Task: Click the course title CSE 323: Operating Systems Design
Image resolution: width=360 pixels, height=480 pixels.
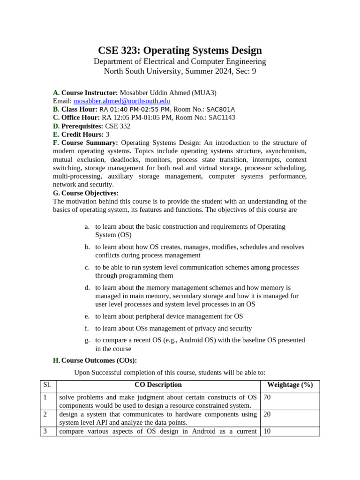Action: (x=180, y=51)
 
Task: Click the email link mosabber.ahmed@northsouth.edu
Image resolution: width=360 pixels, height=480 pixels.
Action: (x=121, y=101)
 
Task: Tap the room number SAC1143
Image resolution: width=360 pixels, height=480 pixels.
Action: (x=222, y=118)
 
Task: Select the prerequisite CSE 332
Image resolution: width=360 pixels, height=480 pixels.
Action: (x=118, y=126)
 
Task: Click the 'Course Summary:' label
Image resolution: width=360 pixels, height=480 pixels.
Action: (x=90, y=142)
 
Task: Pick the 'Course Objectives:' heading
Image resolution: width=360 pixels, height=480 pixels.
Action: (x=90, y=193)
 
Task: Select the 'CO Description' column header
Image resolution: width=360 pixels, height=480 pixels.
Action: (x=158, y=385)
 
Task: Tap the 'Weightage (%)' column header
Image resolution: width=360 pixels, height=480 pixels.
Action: (x=290, y=385)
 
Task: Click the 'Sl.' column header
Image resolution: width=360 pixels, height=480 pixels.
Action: (x=47, y=385)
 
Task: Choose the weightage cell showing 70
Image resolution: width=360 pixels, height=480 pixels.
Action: (x=267, y=397)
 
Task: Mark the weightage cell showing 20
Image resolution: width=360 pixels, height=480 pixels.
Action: (x=267, y=414)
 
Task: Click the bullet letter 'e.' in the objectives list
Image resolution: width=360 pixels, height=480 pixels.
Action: (x=87, y=316)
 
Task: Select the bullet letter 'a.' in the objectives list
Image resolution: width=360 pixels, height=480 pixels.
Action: (x=87, y=226)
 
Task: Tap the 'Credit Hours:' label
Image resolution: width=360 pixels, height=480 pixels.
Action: (x=83, y=135)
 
